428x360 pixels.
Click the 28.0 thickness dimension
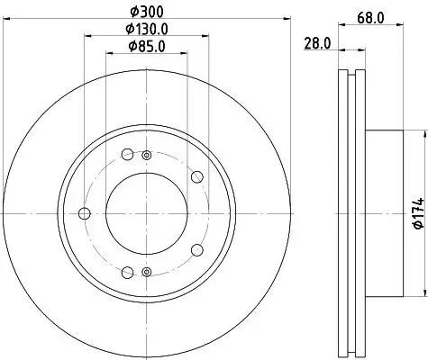click(317, 42)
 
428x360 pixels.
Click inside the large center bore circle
click(146, 212)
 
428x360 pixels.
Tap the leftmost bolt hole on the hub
click(86, 213)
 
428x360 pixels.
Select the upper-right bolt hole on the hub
click(196, 176)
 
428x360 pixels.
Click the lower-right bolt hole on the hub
click(196, 249)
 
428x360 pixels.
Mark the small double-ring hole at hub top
click(146, 156)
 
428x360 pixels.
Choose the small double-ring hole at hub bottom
click(146, 270)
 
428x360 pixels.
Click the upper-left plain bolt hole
click(127, 153)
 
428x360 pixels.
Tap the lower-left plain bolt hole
click(127, 273)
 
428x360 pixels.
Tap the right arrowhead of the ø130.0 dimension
click(207, 36)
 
